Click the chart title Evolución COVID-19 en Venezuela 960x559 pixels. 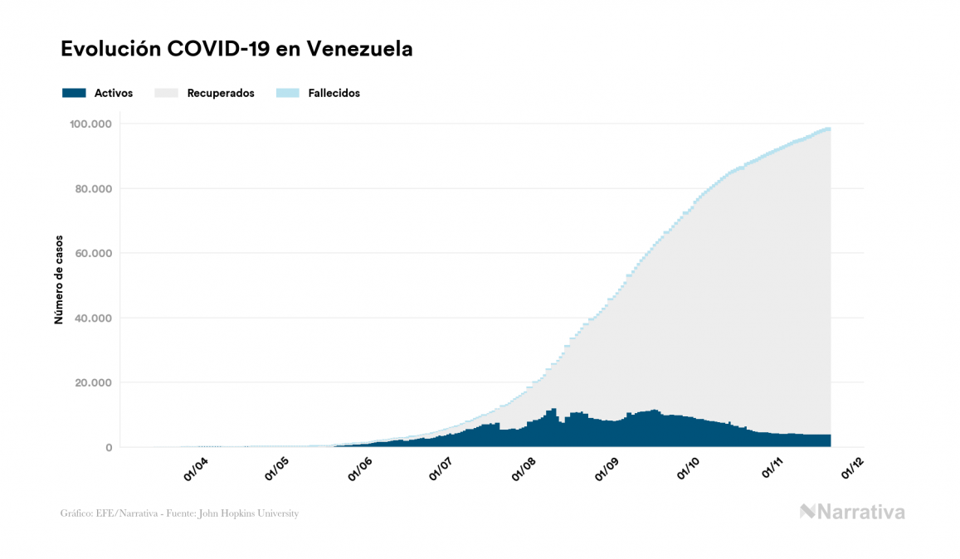[x=236, y=49]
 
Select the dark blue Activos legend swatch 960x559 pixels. [x=74, y=93]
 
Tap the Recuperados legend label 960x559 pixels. [x=221, y=93]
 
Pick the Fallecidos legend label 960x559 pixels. [x=334, y=93]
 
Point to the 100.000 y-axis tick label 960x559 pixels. [x=91, y=124]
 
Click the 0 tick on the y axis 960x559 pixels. [x=109, y=448]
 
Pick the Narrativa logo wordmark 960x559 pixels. [x=853, y=512]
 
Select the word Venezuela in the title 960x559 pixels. [x=359, y=49]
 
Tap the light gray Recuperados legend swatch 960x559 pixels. [x=167, y=93]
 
